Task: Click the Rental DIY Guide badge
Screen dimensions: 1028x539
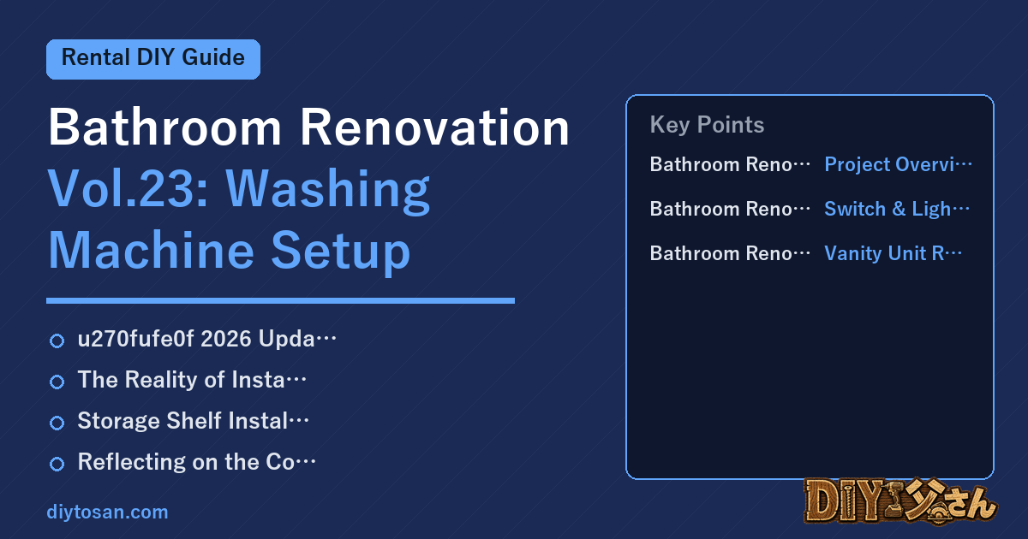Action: [153, 59]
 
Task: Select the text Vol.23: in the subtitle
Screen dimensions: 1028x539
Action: [128, 188]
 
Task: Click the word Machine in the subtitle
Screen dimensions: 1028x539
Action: [151, 250]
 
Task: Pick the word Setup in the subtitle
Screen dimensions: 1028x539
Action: [340, 252]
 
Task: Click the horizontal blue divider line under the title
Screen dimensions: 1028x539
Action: [280, 300]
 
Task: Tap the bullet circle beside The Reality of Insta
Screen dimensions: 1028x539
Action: [57, 382]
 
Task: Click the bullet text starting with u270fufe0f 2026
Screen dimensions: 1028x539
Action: [207, 339]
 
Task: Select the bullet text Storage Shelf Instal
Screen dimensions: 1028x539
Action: [194, 421]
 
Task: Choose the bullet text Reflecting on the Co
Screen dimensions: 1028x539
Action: [197, 462]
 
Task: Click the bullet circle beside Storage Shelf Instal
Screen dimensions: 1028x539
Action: [57, 423]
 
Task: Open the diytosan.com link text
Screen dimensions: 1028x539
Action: [107, 512]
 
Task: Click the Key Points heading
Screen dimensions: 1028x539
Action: [707, 125]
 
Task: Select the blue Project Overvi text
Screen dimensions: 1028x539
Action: [898, 164]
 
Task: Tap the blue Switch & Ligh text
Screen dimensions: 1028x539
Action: [897, 209]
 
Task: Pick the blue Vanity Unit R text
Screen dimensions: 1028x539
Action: [893, 253]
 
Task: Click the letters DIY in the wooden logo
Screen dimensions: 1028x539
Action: [845, 501]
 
